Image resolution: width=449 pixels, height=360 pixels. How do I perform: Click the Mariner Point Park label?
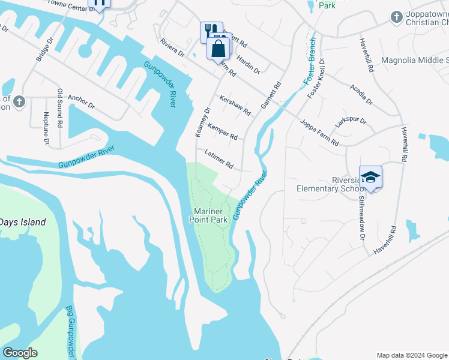coord(211,216)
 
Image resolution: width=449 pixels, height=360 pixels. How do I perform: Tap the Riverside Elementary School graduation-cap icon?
coord(370,177)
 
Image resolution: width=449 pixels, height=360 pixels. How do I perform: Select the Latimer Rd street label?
coord(218,159)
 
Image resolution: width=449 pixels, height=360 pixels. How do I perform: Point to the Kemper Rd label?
coord(222,132)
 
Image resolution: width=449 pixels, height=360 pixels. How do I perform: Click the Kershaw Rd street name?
coord(235,106)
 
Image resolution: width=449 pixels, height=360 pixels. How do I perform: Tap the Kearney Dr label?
coord(201,122)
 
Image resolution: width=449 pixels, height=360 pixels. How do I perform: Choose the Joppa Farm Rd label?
coord(319,133)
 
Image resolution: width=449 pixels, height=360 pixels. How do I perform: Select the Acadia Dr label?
coord(361,94)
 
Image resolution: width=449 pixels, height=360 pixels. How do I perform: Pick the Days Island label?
coord(23,222)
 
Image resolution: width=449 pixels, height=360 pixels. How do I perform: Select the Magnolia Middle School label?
coord(415,60)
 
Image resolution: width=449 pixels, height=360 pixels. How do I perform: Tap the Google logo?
coord(20,353)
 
